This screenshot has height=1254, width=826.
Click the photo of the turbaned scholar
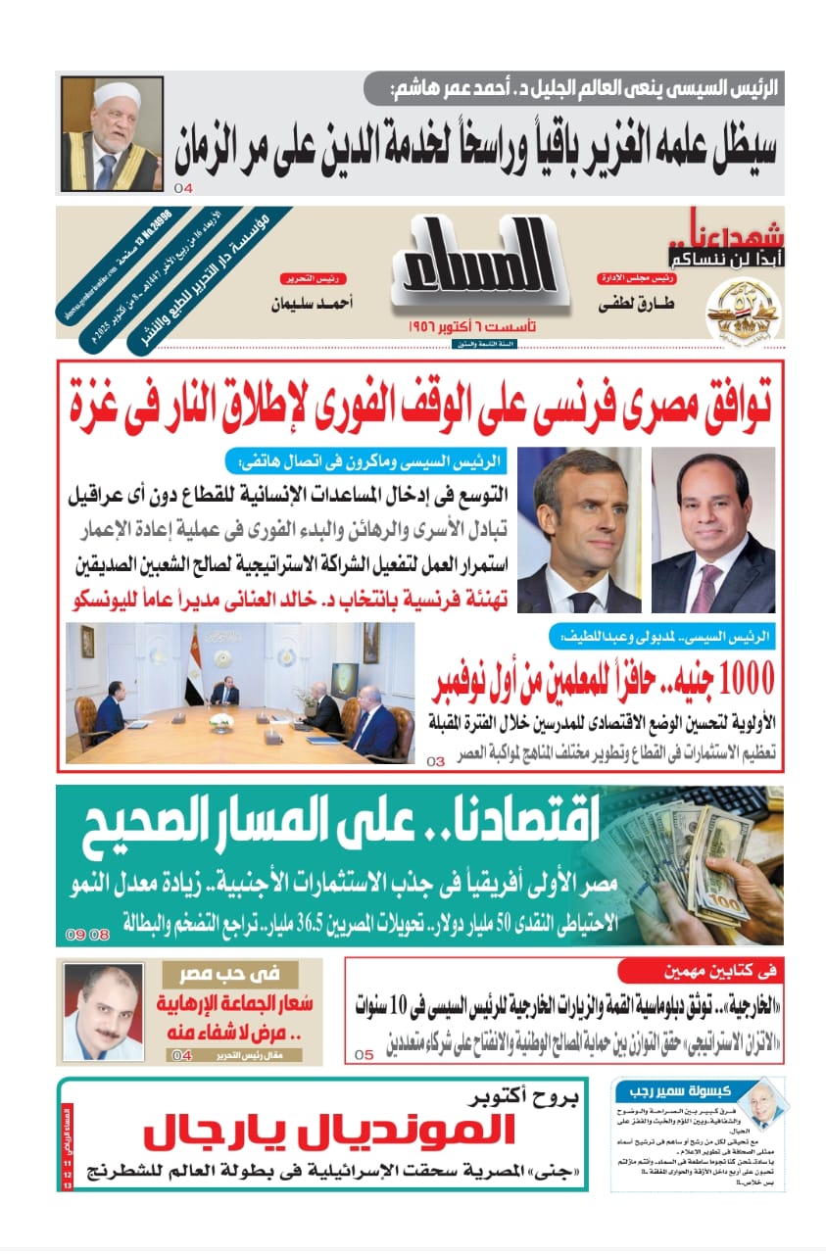(111, 134)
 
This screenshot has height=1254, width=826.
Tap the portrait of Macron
(579, 530)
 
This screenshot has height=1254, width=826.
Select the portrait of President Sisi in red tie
(712, 530)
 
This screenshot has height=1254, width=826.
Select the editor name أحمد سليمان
(312, 304)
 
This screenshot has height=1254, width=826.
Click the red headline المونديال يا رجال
(328, 1134)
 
